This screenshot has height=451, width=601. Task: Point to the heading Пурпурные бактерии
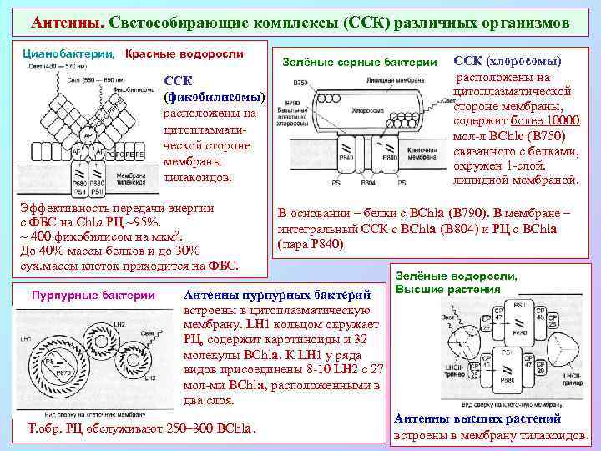(x=93, y=294)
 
